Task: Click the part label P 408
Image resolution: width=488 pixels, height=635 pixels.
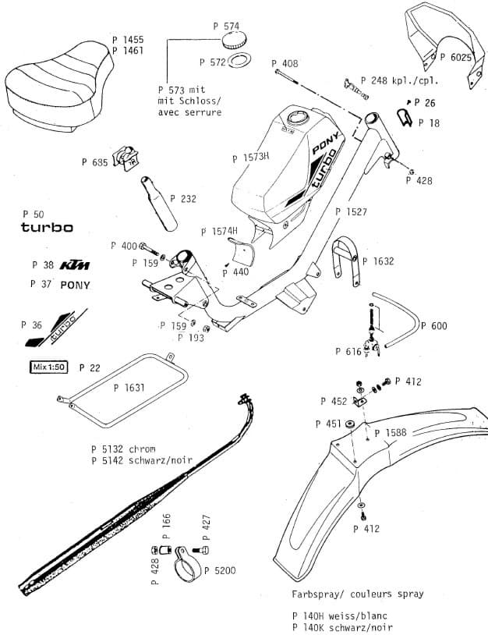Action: tap(285, 63)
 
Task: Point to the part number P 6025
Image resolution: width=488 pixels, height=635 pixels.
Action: tap(455, 57)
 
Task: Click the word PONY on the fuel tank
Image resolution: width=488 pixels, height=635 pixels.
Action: tap(325, 143)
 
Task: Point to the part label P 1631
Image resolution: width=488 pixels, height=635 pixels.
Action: tap(129, 387)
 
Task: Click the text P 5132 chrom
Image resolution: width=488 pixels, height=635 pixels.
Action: tap(122, 449)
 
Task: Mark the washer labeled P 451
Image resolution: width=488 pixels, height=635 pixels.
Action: tap(350, 424)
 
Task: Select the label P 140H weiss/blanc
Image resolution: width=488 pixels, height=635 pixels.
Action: tap(342, 615)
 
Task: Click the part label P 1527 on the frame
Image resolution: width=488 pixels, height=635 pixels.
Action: tap(351, 211)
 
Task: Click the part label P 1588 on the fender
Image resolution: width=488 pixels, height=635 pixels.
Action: tap(390, 432)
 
